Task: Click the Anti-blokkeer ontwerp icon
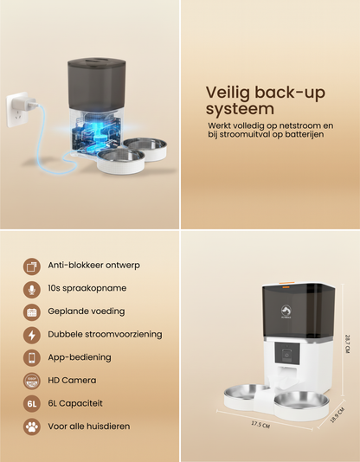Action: (x=32, y=266)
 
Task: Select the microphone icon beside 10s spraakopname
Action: (x=32, y=288)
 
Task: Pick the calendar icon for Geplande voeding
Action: (x=32, y=311)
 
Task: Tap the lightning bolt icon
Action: (x=32, y=334)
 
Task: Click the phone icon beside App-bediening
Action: (x=32, y=356)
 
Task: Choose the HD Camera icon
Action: (x=32, y=380)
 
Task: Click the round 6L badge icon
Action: (x=32, y=402)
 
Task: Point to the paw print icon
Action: (x=32, y=426)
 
